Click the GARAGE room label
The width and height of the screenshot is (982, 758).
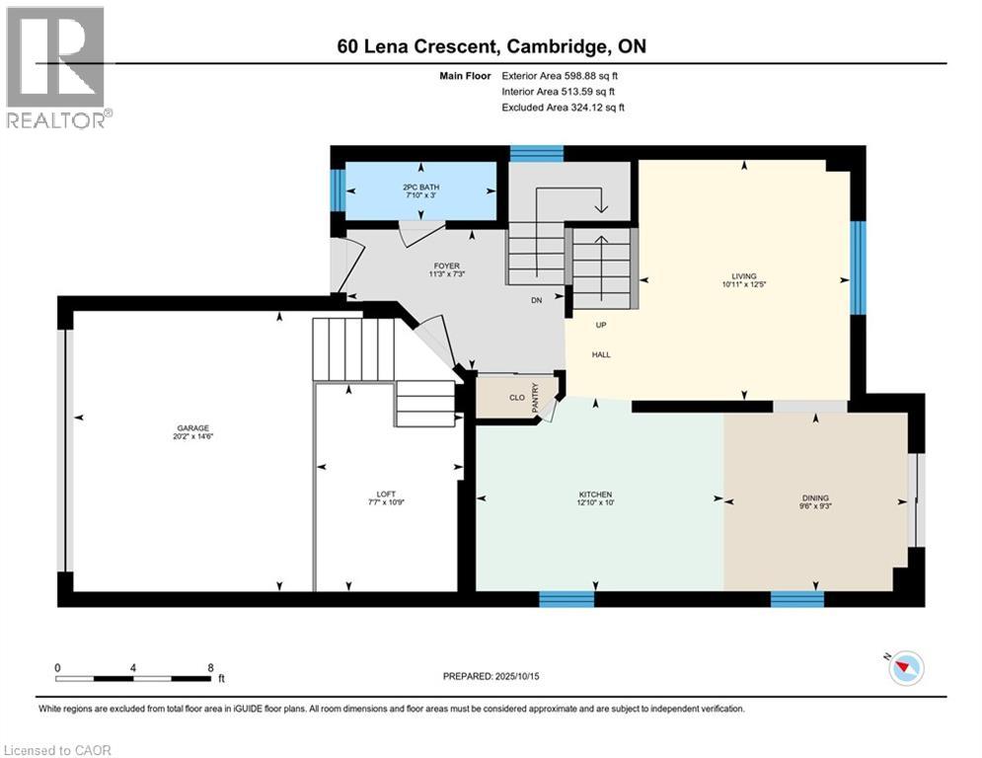pos(192,428)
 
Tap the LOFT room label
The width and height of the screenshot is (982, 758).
pos(387,494)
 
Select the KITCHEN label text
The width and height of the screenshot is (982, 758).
pos(595,494)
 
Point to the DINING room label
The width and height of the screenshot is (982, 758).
pos(815,498)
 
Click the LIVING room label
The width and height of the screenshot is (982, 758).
pos(744,275)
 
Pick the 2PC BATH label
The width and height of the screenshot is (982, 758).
pos(420,187)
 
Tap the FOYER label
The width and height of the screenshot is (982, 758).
pos(446,265)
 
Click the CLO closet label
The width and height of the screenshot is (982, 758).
pos(517,397)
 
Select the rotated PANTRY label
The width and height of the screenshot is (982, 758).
pos(536,398)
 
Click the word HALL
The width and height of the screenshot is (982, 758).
pos(601,354)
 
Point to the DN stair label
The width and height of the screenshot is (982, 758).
pos(537,300)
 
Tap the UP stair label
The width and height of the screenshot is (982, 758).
pos(601,325)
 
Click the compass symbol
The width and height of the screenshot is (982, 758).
pos(906,668)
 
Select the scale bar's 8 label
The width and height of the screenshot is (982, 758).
pos(210,668)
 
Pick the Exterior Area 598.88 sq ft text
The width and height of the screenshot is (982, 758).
pos(560,76)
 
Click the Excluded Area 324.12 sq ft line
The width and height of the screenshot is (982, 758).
pos(563,108)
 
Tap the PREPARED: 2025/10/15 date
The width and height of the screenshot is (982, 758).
pos(491,676)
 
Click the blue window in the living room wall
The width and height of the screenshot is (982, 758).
pos(858,267)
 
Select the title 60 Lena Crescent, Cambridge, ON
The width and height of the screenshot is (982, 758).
pos(491,46)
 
